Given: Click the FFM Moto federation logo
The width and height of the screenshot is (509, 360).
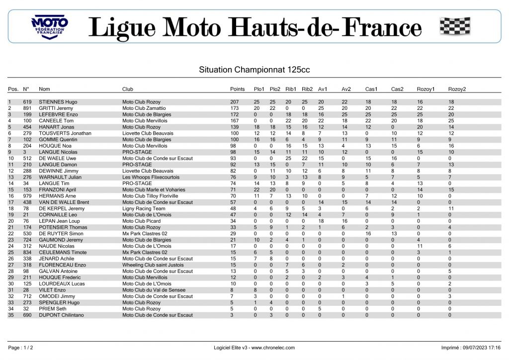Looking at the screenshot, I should [x=50, y=26].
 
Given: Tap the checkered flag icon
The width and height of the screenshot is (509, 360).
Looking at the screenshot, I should [x=455, y=26].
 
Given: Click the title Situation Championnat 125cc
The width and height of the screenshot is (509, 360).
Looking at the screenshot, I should [x=254, y=70].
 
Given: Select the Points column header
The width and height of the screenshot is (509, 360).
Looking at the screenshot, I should [x=238, y=89].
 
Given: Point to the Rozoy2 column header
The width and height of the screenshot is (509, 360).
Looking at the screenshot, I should [x=457, y=89].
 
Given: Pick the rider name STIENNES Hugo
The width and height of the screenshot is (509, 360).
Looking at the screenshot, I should [x=58, y=102].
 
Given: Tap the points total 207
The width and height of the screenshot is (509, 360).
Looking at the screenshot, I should [x=235, y=102].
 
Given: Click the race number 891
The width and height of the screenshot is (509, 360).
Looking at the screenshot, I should [x=27, y=108].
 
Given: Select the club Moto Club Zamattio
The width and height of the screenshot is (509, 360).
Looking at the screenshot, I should [x=144, y=108].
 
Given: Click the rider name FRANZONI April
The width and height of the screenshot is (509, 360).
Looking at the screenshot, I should [x=57, y=189].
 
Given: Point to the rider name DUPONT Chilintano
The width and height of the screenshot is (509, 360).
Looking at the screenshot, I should [x=61, y=315].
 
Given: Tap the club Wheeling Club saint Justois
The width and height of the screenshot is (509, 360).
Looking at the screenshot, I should [x=153, y=265].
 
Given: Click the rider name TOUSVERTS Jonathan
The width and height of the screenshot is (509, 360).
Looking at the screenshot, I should [x=65, y=133].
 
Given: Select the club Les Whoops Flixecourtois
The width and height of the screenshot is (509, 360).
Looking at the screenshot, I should [x=151, y=177].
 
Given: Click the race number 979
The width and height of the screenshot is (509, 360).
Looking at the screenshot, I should [x=27, y=196].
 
